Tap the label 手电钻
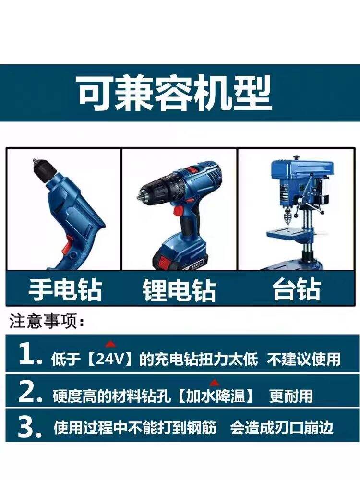65,289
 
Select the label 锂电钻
180,289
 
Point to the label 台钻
297,289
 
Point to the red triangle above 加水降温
214,383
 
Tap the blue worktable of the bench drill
290,233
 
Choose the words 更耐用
291,396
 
